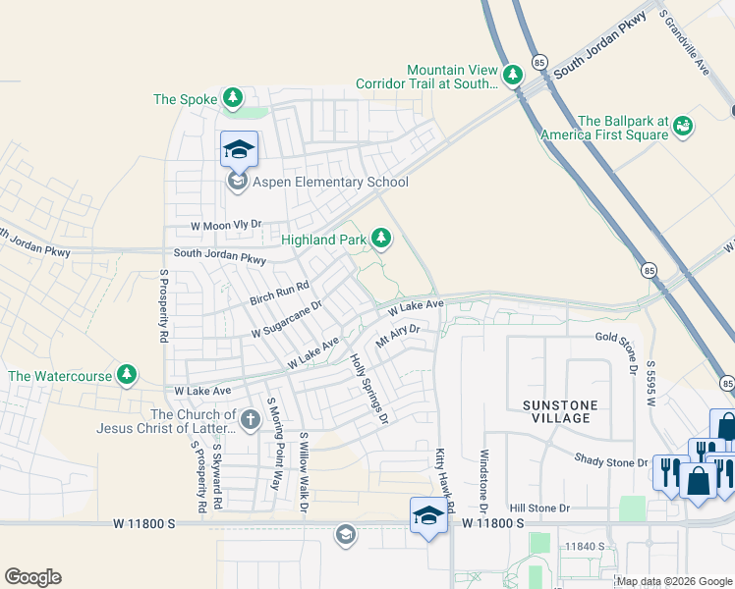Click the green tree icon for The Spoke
pos(233,98)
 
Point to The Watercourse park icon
pos(126,375)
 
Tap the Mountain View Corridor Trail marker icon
pos(512,75)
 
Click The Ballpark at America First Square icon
pos(683,126)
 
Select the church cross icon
pos(251,420)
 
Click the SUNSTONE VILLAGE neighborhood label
pos(555,411)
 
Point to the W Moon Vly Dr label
pos(227,226)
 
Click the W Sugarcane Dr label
pos(287,320)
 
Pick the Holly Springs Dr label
pos(370,389)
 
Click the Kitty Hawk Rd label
pos(445,482)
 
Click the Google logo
pos(32,577)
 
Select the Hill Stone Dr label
pos(539,509)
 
